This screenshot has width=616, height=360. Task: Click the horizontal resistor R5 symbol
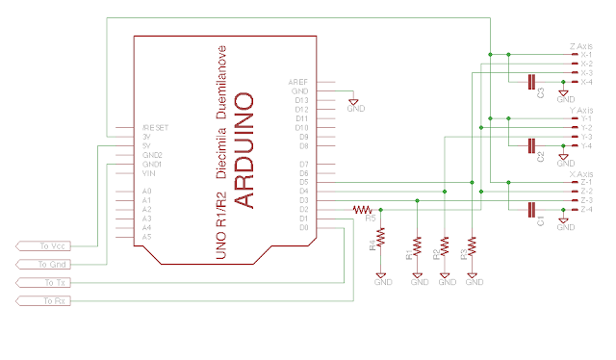coord(363,209)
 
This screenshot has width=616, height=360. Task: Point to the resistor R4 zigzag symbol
coord(381,237)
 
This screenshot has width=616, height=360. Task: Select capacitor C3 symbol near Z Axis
coord(531,82)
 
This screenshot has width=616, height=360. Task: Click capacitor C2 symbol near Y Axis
coord(531,145)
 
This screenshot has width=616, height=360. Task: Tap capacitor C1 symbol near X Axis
coord(531,209)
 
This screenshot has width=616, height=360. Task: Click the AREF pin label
coord(297,82)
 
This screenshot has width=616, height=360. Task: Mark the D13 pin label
coord(300,100)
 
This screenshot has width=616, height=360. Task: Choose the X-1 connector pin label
coord(586,55)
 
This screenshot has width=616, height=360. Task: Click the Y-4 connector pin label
coord(586,145)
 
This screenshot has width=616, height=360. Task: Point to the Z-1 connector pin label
coord(586,182)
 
